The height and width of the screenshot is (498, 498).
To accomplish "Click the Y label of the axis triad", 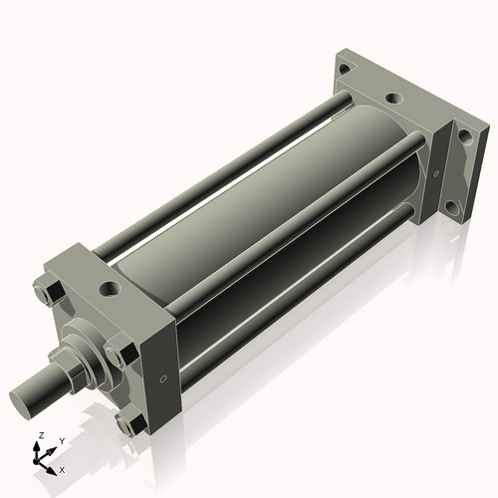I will point(61,440).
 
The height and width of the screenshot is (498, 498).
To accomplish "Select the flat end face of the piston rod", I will point(23,400).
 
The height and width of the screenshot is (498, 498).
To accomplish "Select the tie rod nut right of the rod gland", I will point(122,354).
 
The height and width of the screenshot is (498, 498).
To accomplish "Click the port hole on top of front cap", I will point(108,290).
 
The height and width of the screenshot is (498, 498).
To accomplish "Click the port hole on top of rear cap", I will point(393,100).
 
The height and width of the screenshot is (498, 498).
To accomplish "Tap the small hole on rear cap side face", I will point(435,173).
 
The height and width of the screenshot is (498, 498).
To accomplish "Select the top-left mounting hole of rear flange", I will point(344,70).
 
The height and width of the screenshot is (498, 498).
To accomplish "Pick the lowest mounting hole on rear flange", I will point(454,210).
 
